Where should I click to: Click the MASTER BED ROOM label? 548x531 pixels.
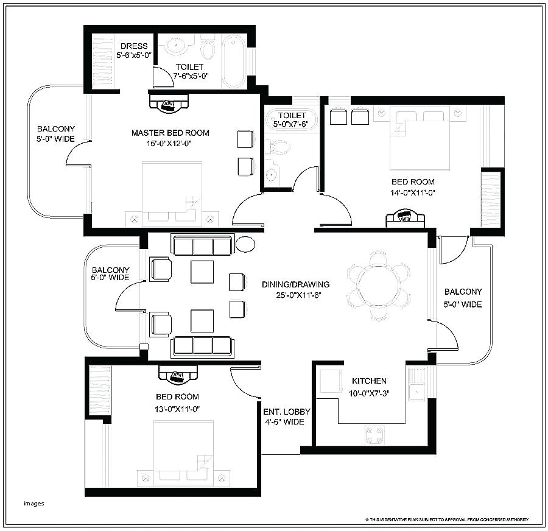pyautogui.click(x=170, y=133)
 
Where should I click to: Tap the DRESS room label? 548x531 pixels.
pyautogui.click(x=134, y=46)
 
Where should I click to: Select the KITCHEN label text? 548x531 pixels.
pyautogui.click(x=369, y=381)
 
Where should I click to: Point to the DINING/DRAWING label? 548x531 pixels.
pyautogui.click(x=296, y=284)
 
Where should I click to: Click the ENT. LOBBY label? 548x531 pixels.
pyautogui.click(x=287, y=412)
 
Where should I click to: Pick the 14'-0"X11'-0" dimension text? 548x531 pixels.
pyautogui.click(x=413, y=192)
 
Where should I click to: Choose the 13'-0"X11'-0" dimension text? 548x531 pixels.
pyautogui.click(x=177, y=409)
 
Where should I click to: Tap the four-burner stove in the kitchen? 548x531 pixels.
pyautogui.click(x=374, y=435)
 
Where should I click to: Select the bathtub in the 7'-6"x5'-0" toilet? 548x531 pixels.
pyautogui.click(x=234, y=61)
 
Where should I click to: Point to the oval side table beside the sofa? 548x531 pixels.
pyautogui.click(x=245, y=244)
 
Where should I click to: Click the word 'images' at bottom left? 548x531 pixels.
pyautogui.click(x=34, y=504)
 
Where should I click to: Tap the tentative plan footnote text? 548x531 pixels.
pyautogui.click(x=447, y=519)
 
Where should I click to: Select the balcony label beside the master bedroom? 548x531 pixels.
pyautogui.click(x=56, y=134)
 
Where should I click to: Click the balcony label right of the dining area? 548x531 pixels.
pyautogui.click(x=463, y=298)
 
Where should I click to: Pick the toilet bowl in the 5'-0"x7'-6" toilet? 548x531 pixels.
pyautogui.click(x=278, y=147)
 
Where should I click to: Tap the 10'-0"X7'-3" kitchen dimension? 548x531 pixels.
pyautogui.click(x=369, y=393)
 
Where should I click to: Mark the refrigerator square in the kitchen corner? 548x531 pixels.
pyautogui.click(x=331, y=381)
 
